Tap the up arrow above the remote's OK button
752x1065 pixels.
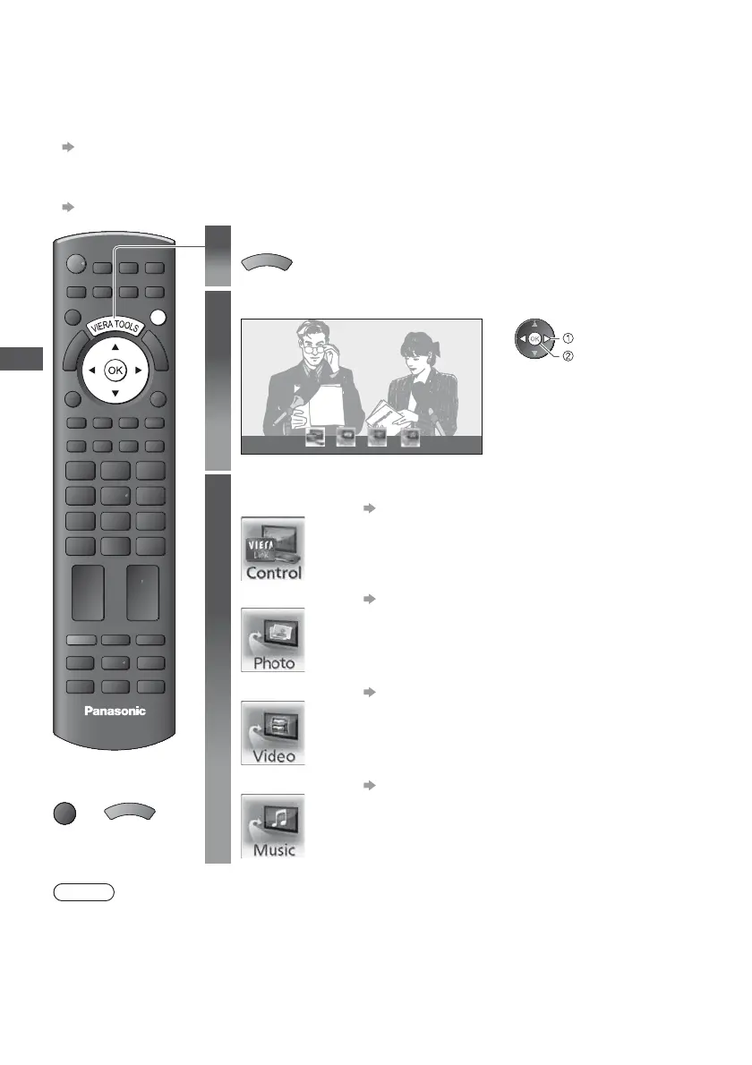point(114,346)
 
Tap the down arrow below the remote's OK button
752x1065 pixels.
point(114,392)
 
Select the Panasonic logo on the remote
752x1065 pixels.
point(113,711)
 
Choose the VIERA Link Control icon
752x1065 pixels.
point(273,549)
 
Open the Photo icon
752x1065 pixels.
point(273,640)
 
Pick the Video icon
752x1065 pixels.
point(273,732)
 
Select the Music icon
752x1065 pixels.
point(273,825)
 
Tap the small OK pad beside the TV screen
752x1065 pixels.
point(534,339)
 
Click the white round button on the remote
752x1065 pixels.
point(159,317)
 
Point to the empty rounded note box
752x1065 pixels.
point(81,892)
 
